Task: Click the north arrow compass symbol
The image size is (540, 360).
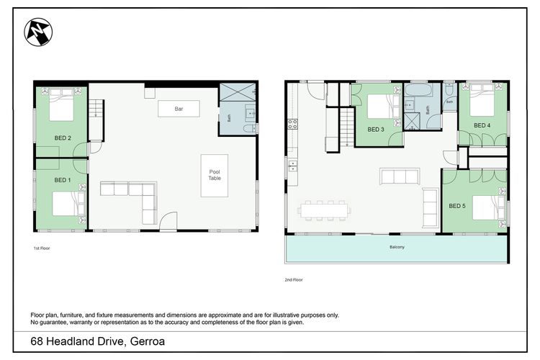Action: coord(38,32)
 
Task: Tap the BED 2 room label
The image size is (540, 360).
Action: coord(63,138)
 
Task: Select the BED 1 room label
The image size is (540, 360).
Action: coord(63,180)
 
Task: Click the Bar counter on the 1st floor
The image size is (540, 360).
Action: coord(179,109)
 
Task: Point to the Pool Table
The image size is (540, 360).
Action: coord(215,176)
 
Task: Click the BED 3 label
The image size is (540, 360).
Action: coord(376,130)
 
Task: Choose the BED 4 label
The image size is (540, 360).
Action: coord(482,125)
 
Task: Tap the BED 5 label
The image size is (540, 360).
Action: coord(457,206)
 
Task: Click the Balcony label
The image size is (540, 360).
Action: coord(397,247)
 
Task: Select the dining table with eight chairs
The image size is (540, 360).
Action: coord(324,210)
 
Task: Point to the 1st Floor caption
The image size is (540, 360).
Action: coord(42,248)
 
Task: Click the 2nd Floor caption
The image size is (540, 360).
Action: coord(294,280)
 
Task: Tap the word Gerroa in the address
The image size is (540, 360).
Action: coord(148,341)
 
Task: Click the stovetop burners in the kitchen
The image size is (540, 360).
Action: coord(292,124)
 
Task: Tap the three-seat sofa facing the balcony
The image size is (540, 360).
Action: coord(400,176)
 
